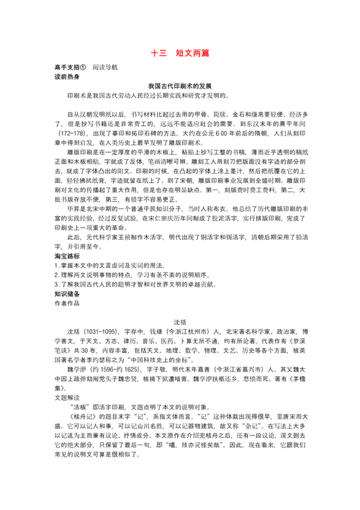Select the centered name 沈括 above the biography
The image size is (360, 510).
pyautogui.click(x=180, y=321)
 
